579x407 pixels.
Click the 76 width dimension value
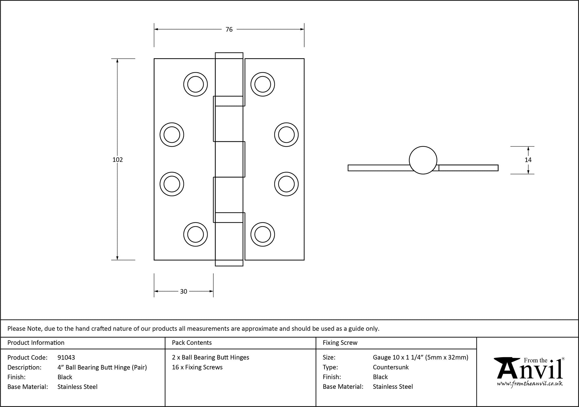[229, 30]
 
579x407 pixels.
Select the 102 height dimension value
[118, 160]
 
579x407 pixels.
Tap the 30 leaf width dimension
[184, 291]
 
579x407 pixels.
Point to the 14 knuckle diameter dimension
[528, 160]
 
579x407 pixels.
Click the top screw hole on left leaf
[195, 84]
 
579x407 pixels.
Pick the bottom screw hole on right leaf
[263, 234]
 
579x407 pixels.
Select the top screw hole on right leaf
[263, 84]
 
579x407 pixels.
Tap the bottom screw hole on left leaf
[195, 234]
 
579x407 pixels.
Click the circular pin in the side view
[423, 160]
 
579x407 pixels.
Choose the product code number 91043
[66, 357]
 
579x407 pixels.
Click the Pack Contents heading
[192, 343]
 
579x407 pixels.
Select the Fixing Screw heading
[340, 343]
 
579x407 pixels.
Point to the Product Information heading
[36, 343]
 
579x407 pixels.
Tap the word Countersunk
[391, 367]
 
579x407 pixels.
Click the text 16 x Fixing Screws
[197, 367]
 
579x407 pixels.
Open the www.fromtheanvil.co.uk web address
[530, 384]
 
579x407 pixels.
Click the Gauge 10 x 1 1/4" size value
[420, 357]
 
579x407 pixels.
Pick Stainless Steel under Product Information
[77, 387]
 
